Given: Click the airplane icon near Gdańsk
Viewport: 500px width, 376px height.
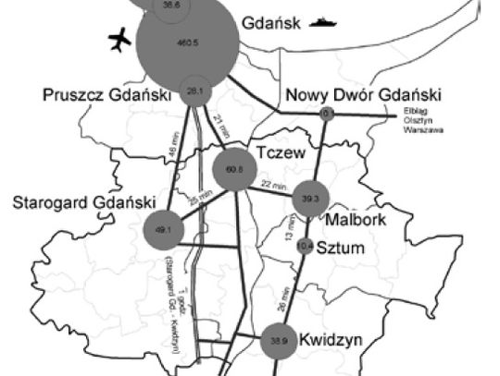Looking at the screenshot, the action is point(119,40).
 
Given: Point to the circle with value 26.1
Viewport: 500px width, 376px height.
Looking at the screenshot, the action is point(194,91).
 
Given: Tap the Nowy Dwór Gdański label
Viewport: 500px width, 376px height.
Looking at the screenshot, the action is point(363,95).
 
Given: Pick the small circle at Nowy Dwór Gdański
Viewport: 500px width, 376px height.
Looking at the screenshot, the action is point(325,113).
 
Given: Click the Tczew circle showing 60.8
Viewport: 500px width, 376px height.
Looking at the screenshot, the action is point(233,170).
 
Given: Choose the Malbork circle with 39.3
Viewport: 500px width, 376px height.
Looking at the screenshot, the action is point(310,199).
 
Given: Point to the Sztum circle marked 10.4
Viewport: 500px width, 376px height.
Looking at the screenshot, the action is point(306,246).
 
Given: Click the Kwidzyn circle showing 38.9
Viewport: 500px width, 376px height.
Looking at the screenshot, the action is point(279,341).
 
